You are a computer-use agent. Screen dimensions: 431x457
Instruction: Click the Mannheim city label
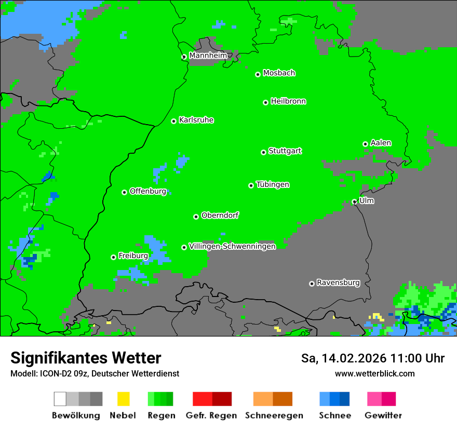208,56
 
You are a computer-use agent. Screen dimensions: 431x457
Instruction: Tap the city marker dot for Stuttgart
263,152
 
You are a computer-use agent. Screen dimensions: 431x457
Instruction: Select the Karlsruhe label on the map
196,120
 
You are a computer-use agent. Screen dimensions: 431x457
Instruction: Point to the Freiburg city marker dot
113,257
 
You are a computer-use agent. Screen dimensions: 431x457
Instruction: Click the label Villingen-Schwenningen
232,247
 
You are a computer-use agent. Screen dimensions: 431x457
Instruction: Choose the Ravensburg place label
338,283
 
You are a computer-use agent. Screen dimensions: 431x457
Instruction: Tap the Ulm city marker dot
354,202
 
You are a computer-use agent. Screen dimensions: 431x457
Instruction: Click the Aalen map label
381,143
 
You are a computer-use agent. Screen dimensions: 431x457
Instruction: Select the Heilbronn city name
288,101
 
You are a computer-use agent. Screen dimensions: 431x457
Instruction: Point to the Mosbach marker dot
258,74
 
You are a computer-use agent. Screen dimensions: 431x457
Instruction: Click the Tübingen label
273,185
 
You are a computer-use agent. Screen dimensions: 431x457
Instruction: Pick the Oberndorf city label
220,216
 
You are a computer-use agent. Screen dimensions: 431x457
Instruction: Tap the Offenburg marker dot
124,192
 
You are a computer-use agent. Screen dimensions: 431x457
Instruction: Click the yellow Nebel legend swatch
123,399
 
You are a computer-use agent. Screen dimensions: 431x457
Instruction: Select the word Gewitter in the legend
383,415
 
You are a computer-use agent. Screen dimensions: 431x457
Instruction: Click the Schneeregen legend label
274,415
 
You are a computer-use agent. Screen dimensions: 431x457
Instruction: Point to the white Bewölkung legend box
60,399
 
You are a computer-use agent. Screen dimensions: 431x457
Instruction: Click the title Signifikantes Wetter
86,358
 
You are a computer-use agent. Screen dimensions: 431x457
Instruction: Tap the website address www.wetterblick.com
374,374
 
